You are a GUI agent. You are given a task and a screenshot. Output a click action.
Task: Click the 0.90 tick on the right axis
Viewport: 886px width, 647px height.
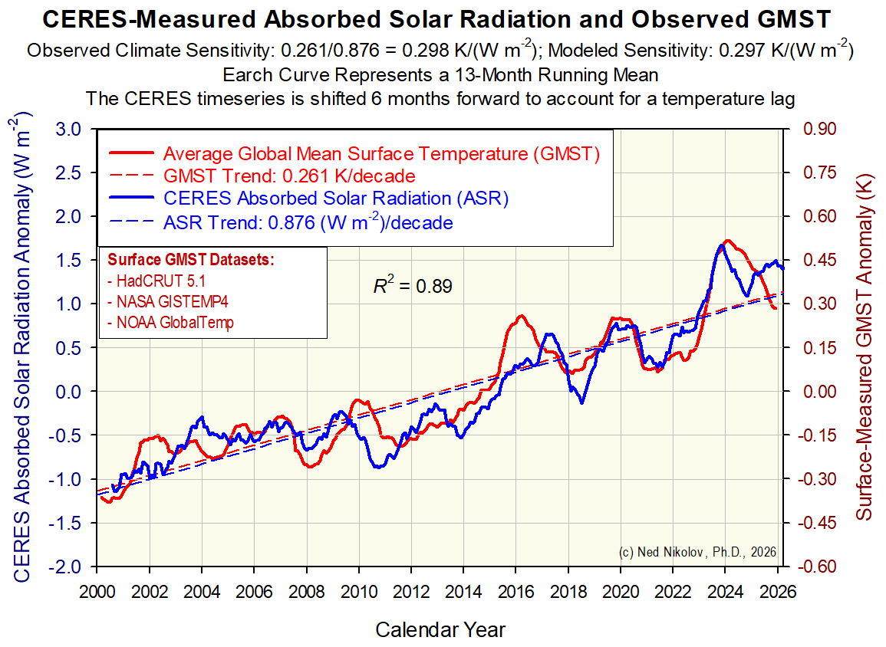(x=818, y=129)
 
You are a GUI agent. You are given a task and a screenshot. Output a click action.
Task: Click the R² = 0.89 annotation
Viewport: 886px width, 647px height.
(x=413, y=287)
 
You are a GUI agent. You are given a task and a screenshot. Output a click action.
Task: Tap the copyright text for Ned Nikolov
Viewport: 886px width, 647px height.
(x=697, y=552)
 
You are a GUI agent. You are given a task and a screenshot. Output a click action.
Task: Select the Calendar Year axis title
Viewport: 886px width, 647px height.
(x=440, y=630)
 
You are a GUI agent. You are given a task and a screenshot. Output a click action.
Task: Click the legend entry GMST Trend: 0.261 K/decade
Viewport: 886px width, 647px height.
(x=289, y=176)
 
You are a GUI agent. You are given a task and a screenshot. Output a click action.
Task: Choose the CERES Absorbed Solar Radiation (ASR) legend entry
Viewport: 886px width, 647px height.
(x=337, y=199)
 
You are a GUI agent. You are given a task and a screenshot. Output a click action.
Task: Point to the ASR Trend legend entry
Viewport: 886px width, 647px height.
(x=308, y=223)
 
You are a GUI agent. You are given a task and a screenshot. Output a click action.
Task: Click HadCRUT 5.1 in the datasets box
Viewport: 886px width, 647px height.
(x=157, y=280)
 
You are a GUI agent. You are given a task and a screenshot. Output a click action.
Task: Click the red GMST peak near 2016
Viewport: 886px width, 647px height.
(x=521, y=316)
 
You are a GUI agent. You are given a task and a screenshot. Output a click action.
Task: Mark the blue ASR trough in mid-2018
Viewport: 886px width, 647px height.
(x=581, y=402)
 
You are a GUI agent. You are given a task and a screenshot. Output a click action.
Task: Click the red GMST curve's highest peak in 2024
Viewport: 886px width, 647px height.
(x=727, y=241)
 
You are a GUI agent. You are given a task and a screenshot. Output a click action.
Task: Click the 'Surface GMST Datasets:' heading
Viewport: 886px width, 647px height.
(x=191, y=260)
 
